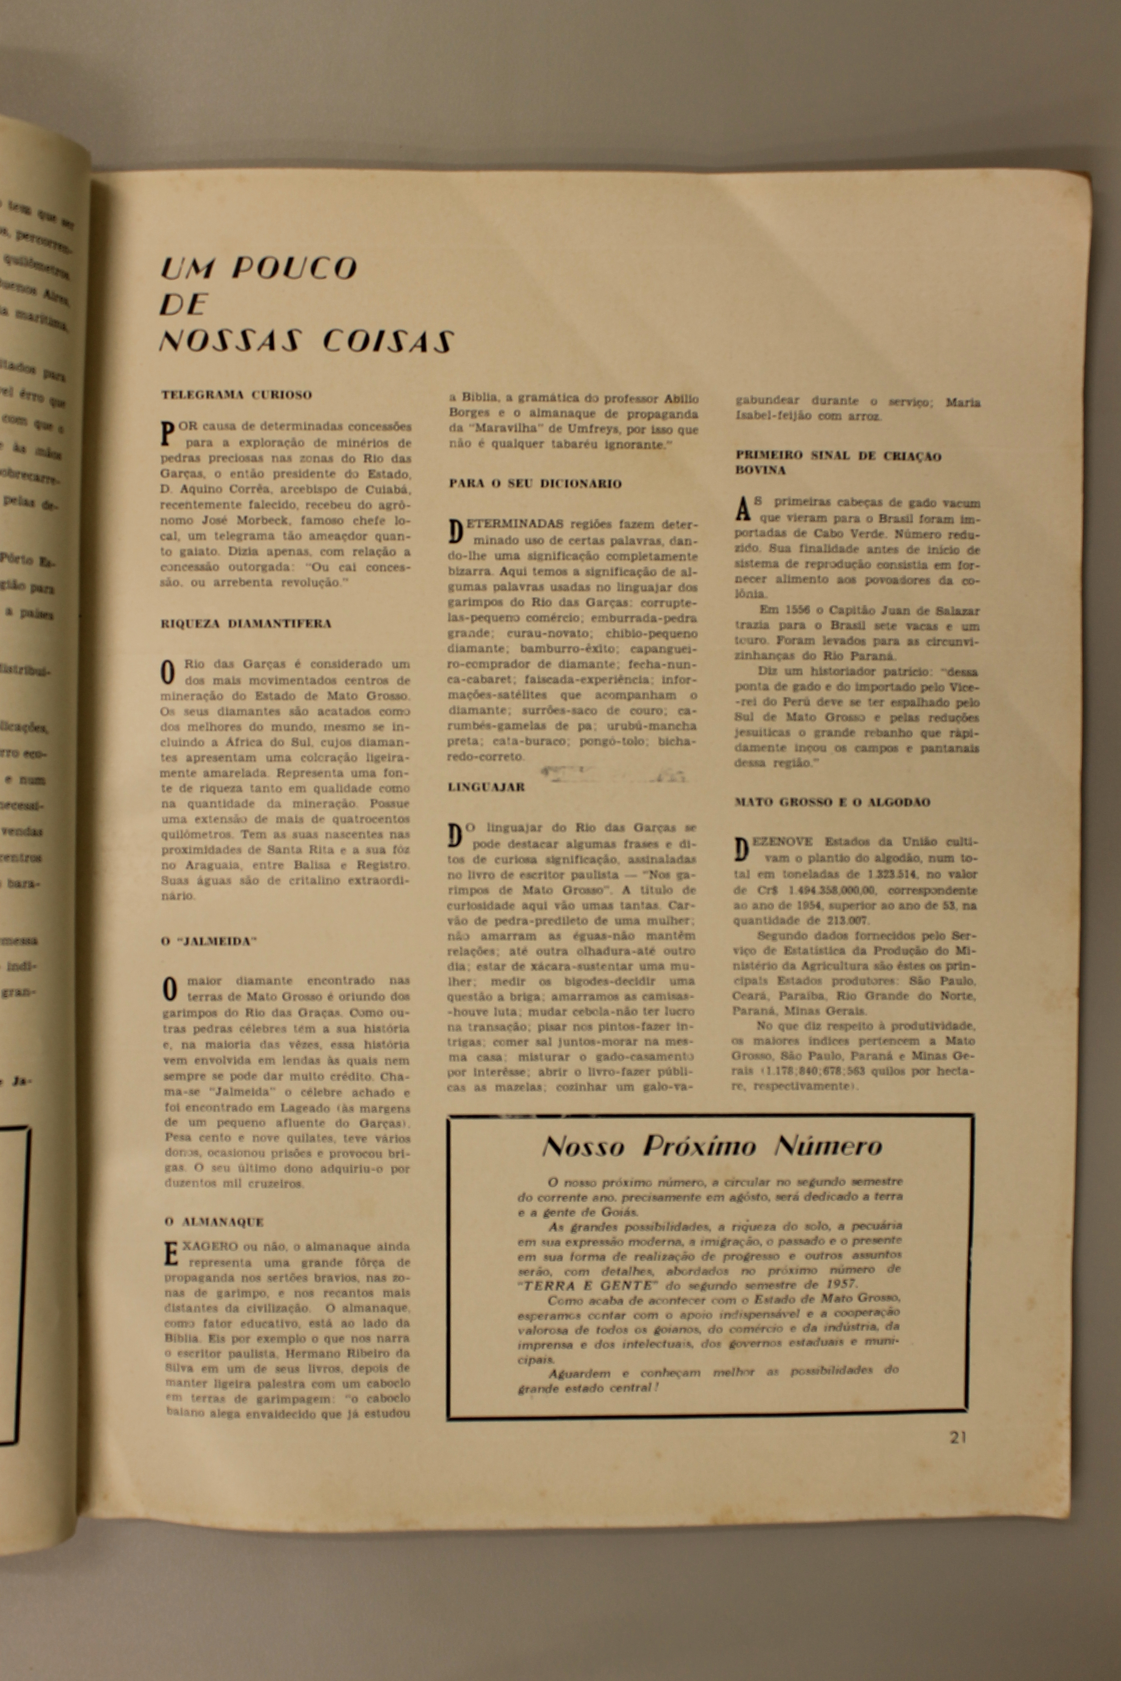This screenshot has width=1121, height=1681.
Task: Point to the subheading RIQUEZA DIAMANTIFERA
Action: click(x=246, y=623)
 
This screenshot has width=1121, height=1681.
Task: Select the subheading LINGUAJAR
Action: click(x=486, y=787)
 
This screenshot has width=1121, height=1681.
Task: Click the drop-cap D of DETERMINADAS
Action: click(x=455, y=530)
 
